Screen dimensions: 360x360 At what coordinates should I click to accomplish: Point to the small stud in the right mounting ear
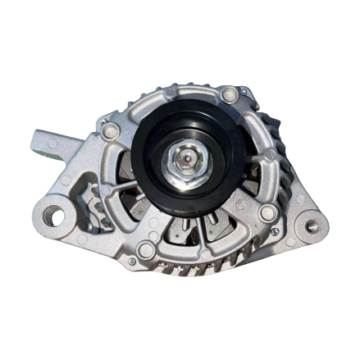coord(312,224)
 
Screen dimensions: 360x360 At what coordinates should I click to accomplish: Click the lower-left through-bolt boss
coord(147,249)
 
